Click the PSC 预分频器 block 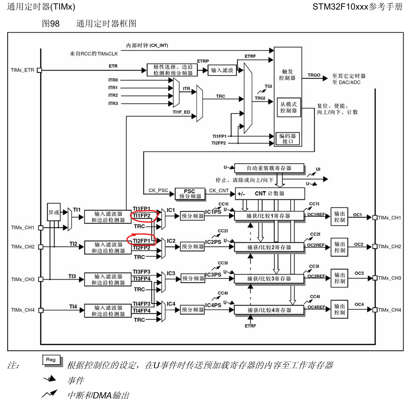click(190, 194)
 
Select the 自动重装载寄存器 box click(269, 168)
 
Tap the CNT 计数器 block click(270, 194)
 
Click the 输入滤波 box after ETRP click(222, 70)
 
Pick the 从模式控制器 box click(288, 107)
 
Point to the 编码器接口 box click(288, 139)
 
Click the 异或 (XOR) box click(54, 212)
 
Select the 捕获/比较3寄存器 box click(269, 279)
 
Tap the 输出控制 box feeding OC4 click(339, 309)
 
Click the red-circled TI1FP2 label click(142, 216)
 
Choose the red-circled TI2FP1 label click(141, 241)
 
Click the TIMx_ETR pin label click(23, 70)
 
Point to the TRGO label click(314, 75)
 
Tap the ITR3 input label click(113, 103)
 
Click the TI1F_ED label click(181, 112)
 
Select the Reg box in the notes click(51, 360)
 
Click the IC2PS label click(213, 242)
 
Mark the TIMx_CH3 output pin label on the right click(389, 278)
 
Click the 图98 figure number click(51, 23)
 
